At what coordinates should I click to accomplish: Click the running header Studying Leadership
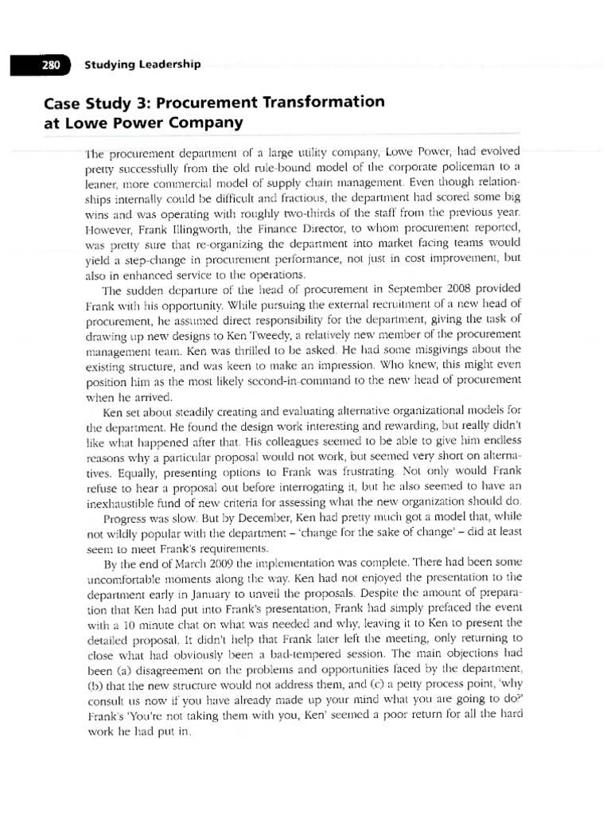[x=142, y=64]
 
